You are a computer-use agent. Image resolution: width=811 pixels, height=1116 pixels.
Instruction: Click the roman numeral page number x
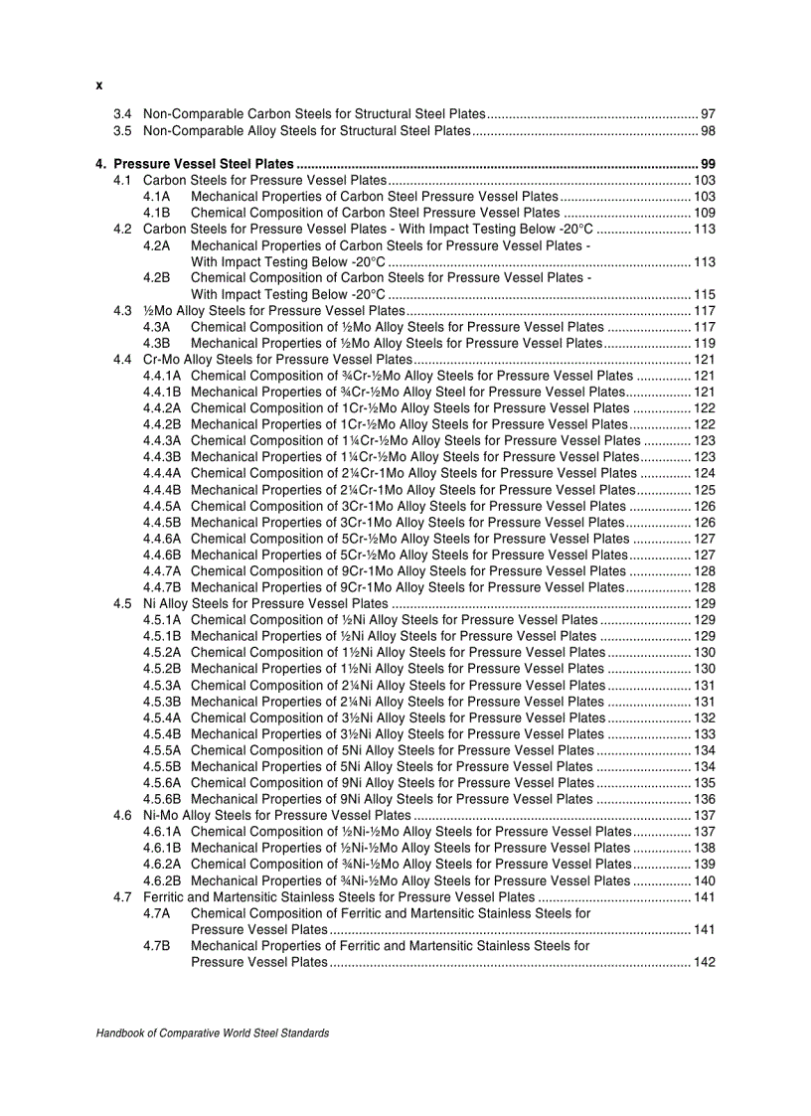(99, 85)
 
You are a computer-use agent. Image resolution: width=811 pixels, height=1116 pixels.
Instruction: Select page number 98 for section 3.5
(708, 131)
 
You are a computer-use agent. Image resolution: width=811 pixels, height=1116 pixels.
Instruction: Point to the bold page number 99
(708, 164)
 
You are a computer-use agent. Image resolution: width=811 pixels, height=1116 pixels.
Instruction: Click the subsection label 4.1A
(157, 197)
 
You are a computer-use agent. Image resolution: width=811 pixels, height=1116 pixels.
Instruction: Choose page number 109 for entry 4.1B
(705, 213)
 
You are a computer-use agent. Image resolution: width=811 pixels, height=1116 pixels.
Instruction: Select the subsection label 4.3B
(157, 343)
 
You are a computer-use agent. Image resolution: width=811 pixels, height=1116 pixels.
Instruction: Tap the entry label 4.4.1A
(162, 376)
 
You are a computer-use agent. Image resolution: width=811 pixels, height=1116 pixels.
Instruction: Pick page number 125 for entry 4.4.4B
(705, 490)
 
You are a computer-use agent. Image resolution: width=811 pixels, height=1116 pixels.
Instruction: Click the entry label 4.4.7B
(162, 587)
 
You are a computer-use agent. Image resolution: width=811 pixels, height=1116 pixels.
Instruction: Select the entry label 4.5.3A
(162, 685)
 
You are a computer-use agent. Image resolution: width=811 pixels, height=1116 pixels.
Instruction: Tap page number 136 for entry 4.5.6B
(705, 799)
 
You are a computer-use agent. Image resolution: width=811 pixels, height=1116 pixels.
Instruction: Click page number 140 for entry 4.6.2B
(705, 880)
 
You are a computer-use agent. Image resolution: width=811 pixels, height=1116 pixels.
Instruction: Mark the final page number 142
(705, 962)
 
